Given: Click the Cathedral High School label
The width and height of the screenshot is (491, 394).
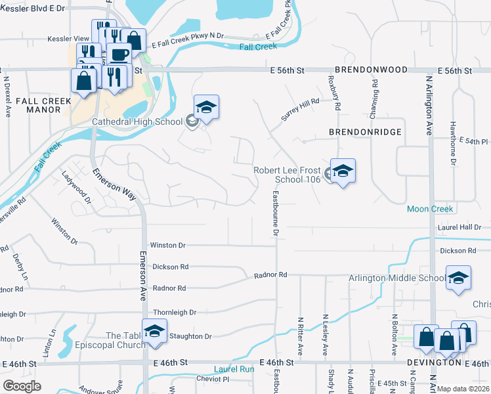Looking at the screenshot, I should pyautogui.click(x=137, y=121).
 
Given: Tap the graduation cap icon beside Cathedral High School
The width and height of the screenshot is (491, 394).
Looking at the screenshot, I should pyautogui.click(x=206, y=108).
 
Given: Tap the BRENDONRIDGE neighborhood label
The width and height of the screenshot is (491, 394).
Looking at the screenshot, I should pyautogui.click(x=366, y=132).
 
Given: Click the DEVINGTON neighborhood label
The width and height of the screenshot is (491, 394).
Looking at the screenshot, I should pyautogui.click(x=434, y=362).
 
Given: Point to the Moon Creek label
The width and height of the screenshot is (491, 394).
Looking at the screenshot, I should pyautogui.click(x=430, y=209).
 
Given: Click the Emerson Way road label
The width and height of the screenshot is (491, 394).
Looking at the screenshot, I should pyautogui.click(x=114, y=186).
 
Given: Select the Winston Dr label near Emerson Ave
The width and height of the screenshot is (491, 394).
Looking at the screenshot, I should pyautogui.click(x=168, y=245).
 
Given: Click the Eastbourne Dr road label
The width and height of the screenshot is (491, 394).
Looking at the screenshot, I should pyautogui.click(x=276, y=213).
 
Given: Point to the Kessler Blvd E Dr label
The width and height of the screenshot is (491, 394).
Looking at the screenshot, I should pyautogui.click(x=33, y=9).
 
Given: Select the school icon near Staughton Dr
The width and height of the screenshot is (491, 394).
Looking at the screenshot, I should pyautogui.click(x=154, y=330).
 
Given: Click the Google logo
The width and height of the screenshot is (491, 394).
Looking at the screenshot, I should pyautogui.click(x=22, y=386).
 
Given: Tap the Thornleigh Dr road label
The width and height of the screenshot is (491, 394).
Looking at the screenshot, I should pyautogui.click(x=175, y=313).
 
